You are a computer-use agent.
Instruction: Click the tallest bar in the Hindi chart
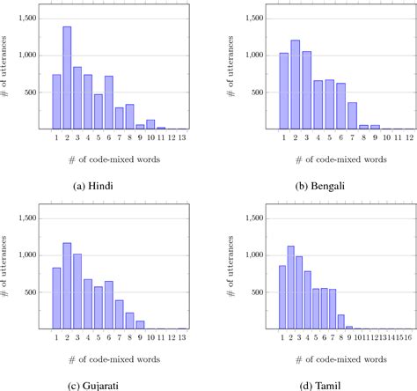[x=67, y=78]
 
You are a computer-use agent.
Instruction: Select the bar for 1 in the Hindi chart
[x=56, y=102]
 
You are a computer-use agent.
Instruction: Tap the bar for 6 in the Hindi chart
[x=108, y=103]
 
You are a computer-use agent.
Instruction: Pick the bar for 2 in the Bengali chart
[x=295, y=85]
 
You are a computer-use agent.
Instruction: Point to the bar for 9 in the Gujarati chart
[x=140, y=324]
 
